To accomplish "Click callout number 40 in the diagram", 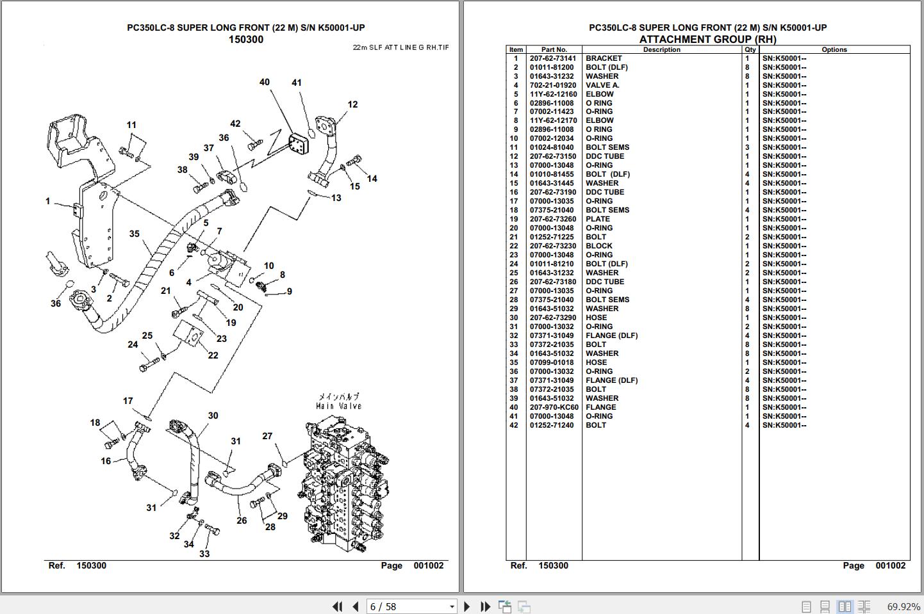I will point(265,82).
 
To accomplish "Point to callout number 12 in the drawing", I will point(352,104).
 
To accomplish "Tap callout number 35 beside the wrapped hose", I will point(134,234).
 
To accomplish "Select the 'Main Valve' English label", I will point(338,406).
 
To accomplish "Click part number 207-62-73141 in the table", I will point(552,58).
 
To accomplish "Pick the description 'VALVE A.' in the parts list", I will point(602,85).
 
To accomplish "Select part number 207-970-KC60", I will point(554,407).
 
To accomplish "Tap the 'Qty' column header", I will point(750,49).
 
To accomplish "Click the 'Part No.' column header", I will point(554,49).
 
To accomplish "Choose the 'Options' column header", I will point(834,49).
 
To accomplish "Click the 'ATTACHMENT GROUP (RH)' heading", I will point(707,39).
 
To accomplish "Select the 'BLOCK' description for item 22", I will point(598,246).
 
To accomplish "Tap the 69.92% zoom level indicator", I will point(902,606).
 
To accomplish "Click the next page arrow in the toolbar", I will point(466,606).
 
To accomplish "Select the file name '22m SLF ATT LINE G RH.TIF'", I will point(401,47).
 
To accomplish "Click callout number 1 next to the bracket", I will point(47,201).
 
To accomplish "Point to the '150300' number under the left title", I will point(246,40).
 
